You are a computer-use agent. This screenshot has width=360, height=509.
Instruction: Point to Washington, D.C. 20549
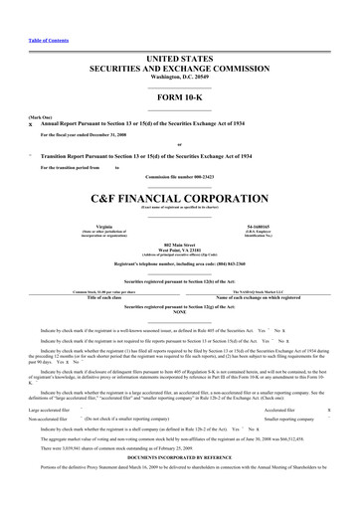(x=180, y=48)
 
